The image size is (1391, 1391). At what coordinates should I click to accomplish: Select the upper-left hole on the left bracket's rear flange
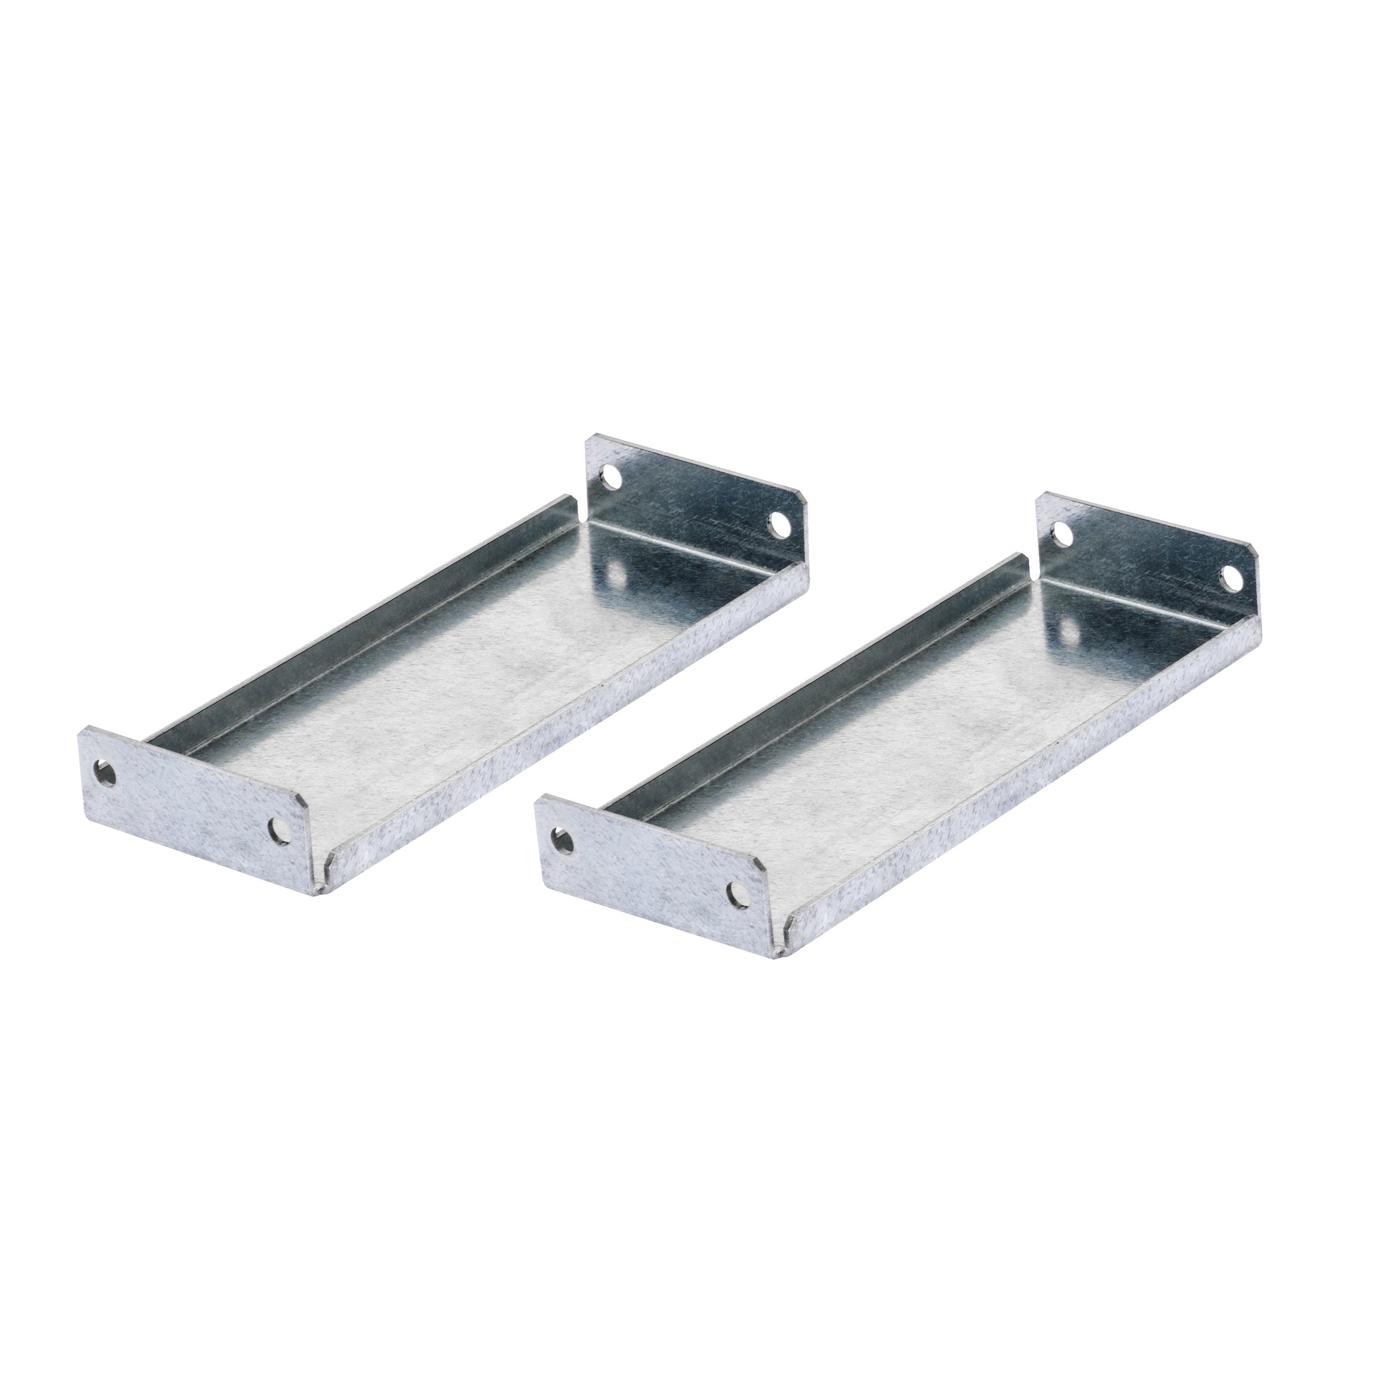(x=613, y=477)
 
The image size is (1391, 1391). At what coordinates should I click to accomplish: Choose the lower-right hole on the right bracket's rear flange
(x=1230, y=578)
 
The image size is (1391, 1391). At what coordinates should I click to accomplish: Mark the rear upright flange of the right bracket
(x=1145, y=554)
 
